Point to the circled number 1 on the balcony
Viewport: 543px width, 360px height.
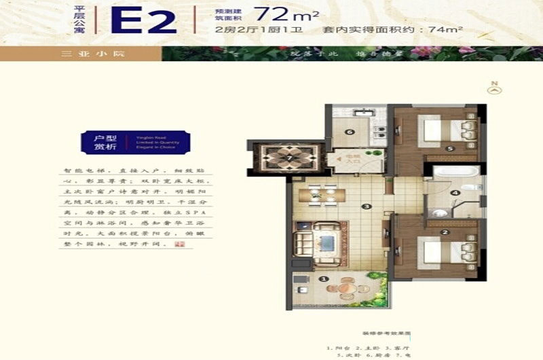coord(324,278)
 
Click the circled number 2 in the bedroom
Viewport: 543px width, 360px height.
coord(445,232)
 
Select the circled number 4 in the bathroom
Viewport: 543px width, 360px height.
coord(456,193)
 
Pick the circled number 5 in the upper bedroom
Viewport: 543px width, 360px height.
coord(449,149)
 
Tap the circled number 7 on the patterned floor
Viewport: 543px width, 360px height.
coord(289,158)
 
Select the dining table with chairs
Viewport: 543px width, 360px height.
coord(323,196)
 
